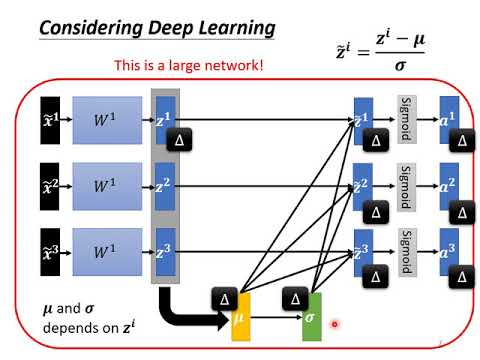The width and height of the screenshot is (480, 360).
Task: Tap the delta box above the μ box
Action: (224, 297)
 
